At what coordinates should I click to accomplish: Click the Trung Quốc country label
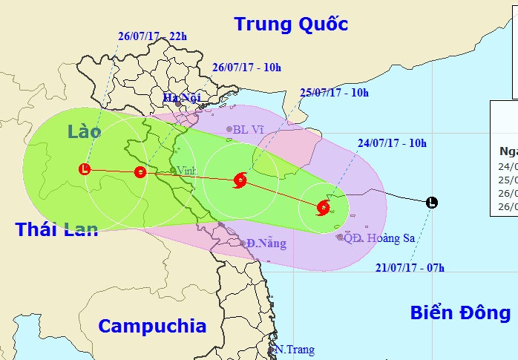coord(291,24)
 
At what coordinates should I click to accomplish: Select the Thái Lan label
coord(56,229)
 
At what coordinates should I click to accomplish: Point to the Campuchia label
coord(152,326)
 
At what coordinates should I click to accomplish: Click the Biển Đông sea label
coord(460,312)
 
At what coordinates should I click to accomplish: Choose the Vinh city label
coord(187,171)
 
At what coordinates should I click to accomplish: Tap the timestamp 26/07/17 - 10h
coord(246,68)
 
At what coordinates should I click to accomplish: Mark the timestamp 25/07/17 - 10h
coord(334,93)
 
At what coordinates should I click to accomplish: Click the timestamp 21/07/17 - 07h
coord(410,267)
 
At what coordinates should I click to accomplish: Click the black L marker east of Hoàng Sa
coord(432,202)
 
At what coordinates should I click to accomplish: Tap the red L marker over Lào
coord(85,169)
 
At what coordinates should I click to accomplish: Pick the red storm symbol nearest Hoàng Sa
coord(323,208)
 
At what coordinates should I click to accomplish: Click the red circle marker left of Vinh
coord(140,172)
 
